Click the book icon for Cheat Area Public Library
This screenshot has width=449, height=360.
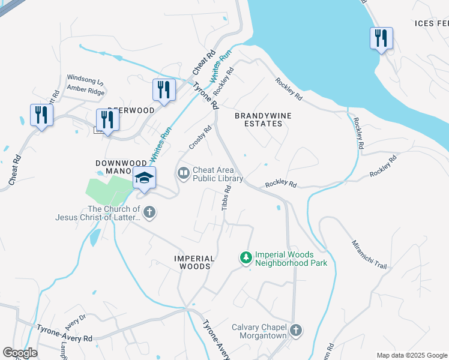pos(183,173)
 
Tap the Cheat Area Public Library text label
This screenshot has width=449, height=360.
pos(217,174)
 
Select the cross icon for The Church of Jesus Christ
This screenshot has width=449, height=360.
pos(149,212)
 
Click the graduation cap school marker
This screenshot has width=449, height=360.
pos(144,178)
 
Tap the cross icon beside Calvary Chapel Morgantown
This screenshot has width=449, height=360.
pos(295,330)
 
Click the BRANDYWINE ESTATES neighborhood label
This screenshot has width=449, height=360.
pos(258,119)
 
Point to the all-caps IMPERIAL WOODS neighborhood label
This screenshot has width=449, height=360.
pos(193,262)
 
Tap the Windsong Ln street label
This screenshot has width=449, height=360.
pos(85,79)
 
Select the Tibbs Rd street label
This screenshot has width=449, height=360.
pos(226,197)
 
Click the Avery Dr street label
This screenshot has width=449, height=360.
pos(76,322)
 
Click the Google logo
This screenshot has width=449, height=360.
pos(20,353)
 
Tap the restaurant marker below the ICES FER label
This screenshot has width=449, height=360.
pos(381,39)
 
